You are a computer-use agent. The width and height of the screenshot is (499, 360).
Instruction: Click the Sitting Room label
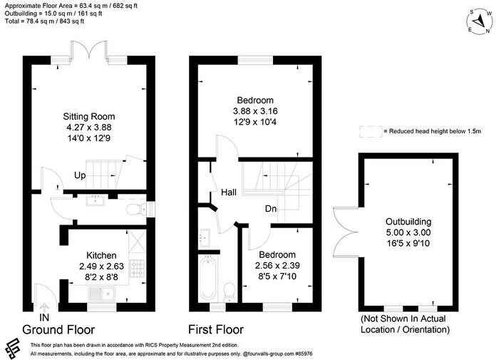click(x=89, y=116)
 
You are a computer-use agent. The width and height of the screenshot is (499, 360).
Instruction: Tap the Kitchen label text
click(x=101, y=255)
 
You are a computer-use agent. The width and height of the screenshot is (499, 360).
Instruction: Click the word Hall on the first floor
click(x=229, y=192)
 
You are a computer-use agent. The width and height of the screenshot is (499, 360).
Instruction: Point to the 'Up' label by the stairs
click(x=80, y=175)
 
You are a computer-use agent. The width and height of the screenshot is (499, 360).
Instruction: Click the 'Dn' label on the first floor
click(x=271, y=209)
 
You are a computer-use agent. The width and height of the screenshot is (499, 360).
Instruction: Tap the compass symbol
click(x=479, y=21)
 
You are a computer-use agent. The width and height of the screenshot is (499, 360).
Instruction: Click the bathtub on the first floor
click(x=208, y=279)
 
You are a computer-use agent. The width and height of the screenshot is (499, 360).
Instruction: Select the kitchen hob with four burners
click(x=138, y=268)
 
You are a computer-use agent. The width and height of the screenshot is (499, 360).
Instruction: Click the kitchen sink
click(x=102, y=294)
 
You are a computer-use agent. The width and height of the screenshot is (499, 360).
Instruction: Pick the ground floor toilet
click(x=135, y=210)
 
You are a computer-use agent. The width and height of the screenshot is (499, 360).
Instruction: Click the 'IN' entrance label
click(x=44, y=317)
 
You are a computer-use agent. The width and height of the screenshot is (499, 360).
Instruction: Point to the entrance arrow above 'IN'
click(x=44, y=307)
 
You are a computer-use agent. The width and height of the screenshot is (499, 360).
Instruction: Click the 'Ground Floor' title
click(x=58, y=330)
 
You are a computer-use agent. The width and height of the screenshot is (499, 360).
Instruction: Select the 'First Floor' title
click(x=216, y=329)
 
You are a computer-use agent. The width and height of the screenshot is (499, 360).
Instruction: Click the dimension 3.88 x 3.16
click(x=255, y=111)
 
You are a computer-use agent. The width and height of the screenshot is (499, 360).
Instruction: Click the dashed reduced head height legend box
click(x=371, y=131)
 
